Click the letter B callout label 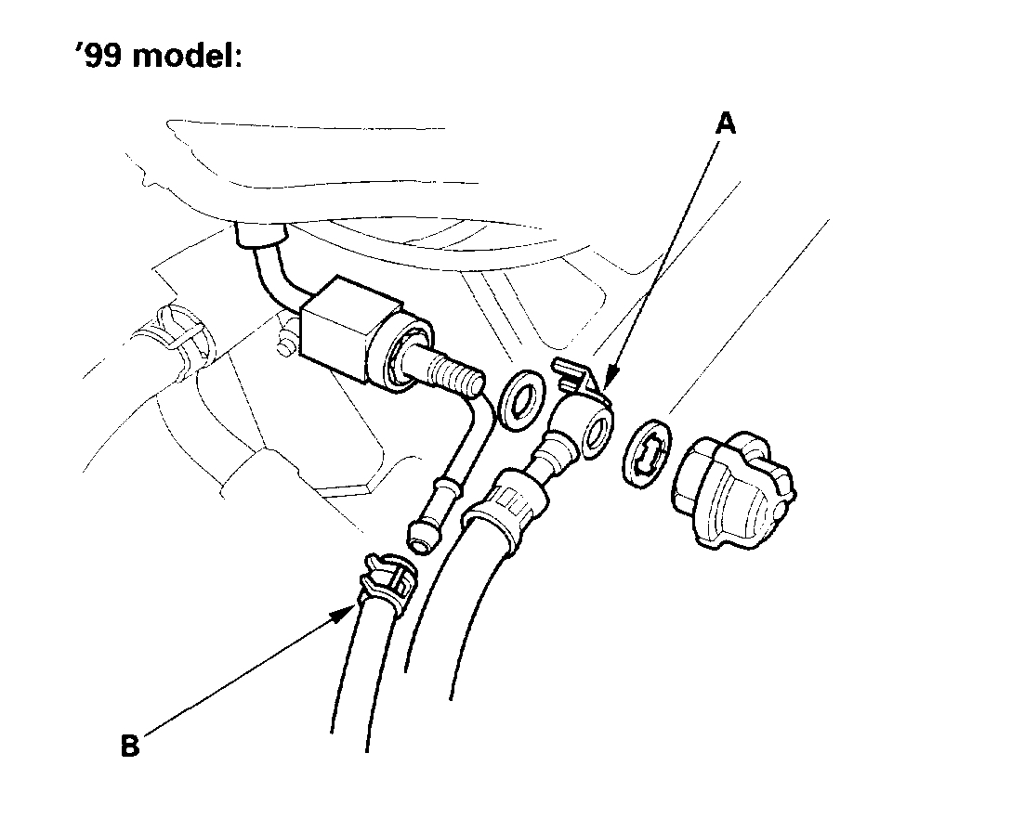tap(131, 746)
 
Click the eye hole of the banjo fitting tap(599, 430)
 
